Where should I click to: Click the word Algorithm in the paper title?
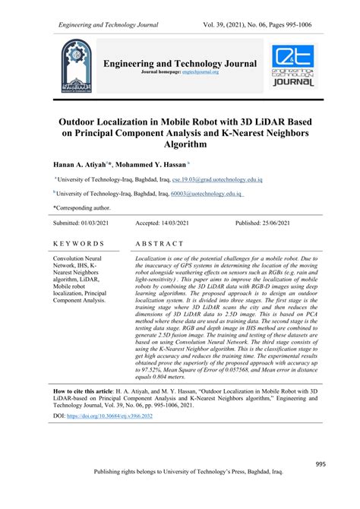click(x=180, y=144)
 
